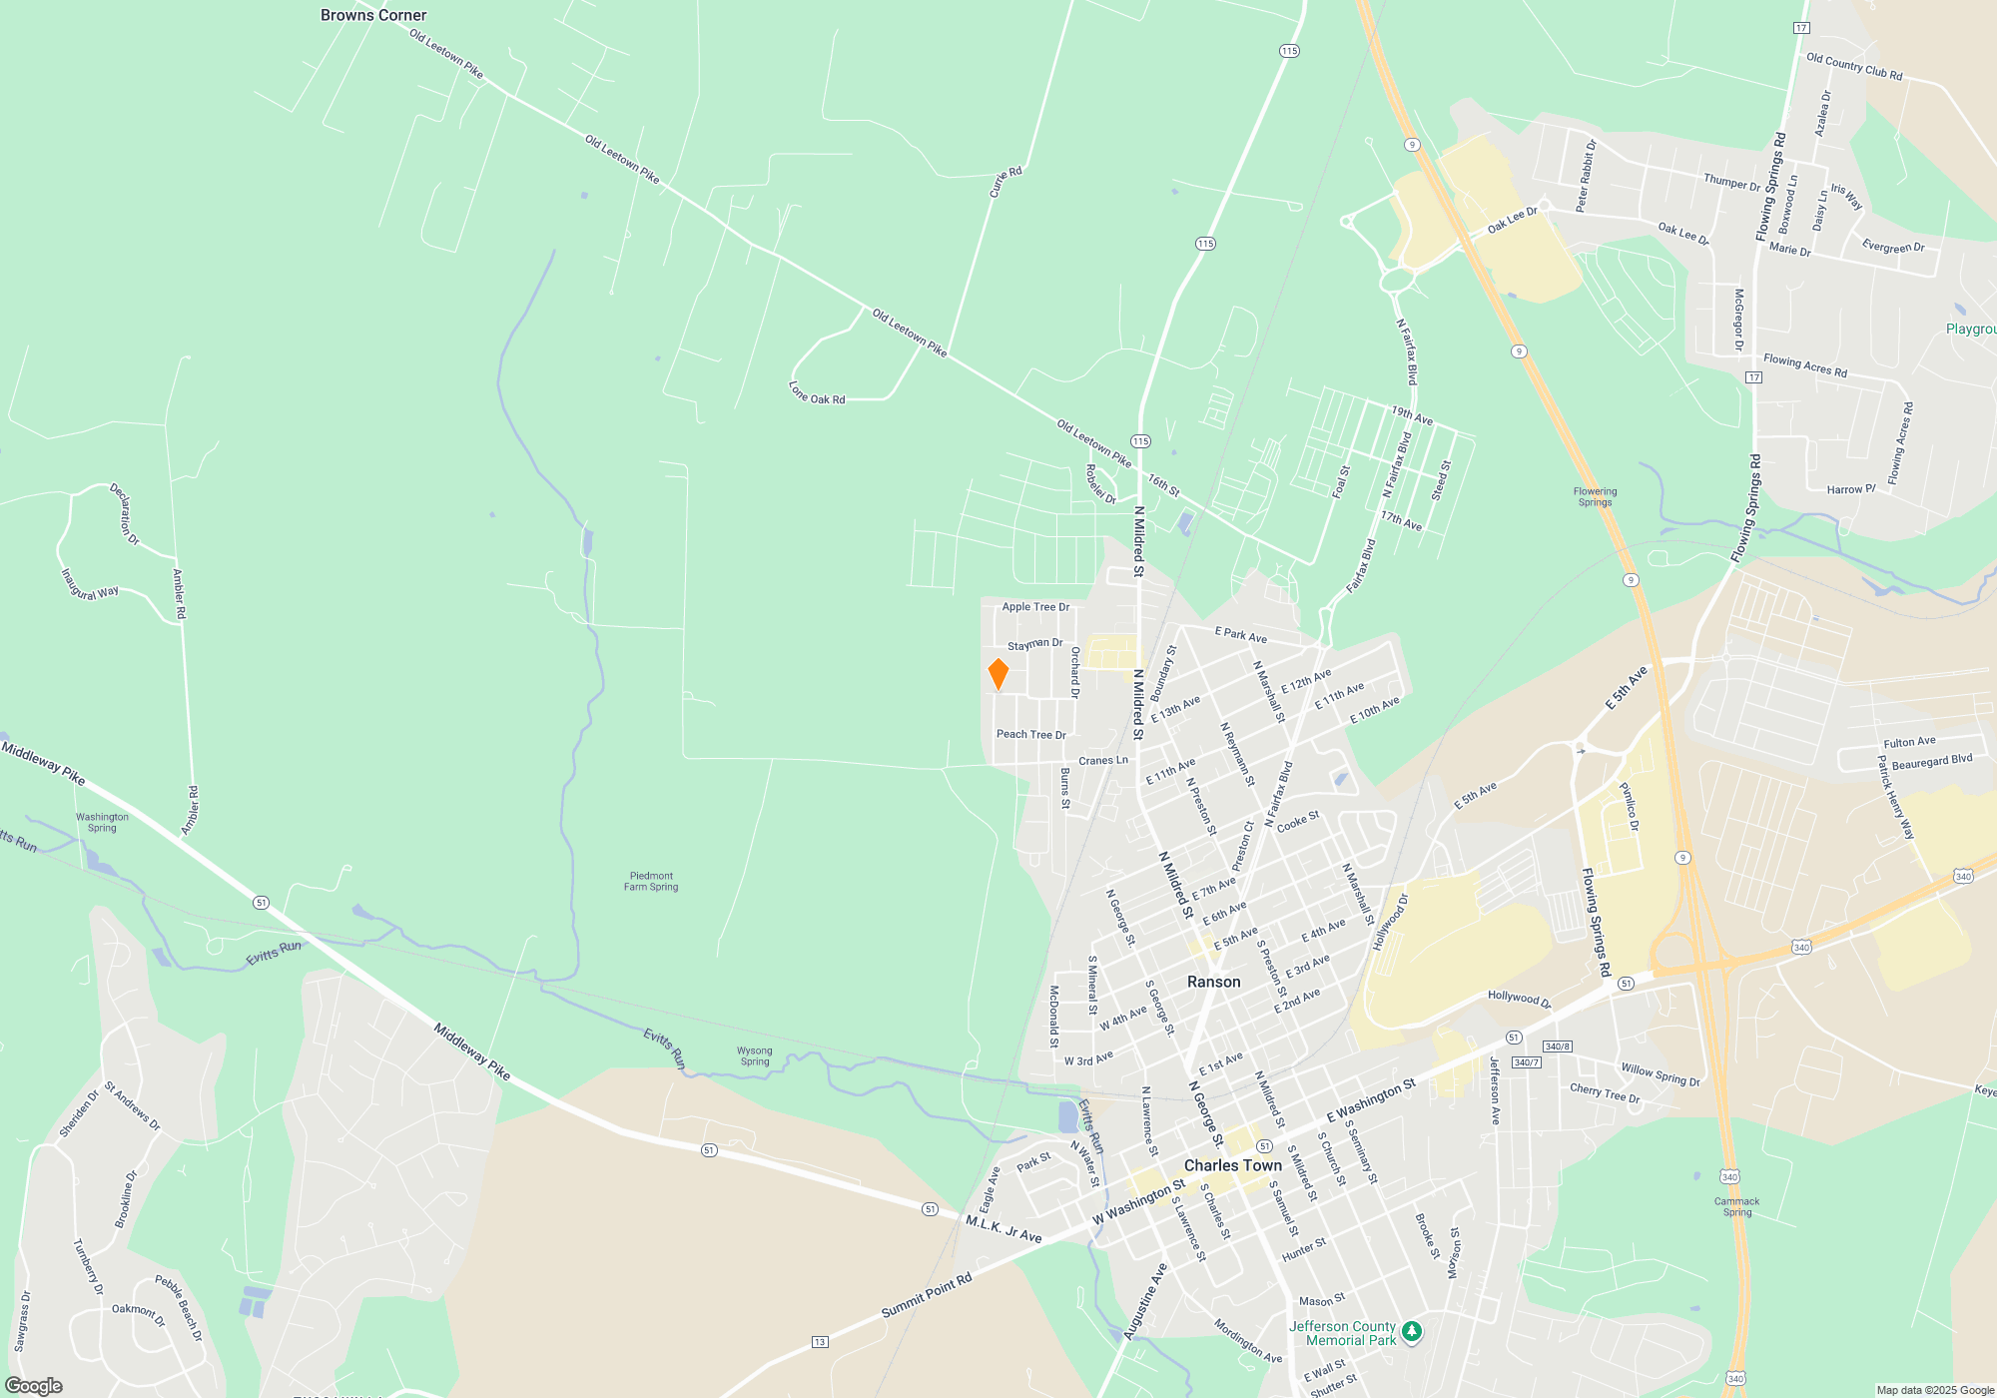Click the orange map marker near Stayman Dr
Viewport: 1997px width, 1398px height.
[998, 674]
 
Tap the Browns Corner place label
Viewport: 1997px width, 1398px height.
[373, 15]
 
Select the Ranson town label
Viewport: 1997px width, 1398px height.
[1213, 982]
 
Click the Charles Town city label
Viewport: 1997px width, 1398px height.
[1232, 1165]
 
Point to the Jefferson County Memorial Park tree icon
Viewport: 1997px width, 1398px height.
[1411, 1331]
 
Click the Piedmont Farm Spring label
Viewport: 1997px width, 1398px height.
[651, 881]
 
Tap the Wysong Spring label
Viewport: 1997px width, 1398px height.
[755, 1055]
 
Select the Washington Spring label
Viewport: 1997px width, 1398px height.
[102, 822]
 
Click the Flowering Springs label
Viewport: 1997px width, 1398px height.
[1595, 496]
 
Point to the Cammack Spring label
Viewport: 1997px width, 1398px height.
[1736, 1206]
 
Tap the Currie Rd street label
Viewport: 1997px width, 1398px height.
[1005, 182]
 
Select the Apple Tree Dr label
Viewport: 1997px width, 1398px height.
[1035, 606]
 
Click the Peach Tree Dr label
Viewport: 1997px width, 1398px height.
[1030, 734]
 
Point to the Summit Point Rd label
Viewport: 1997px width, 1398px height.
[926, 1295]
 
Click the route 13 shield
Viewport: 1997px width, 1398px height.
[819, 1341]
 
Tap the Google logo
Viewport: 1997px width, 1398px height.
[34, 1385]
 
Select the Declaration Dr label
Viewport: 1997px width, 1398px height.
[124, 514]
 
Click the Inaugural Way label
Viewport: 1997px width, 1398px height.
[89, 585]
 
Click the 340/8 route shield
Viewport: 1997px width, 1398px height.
[1557, 1047]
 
